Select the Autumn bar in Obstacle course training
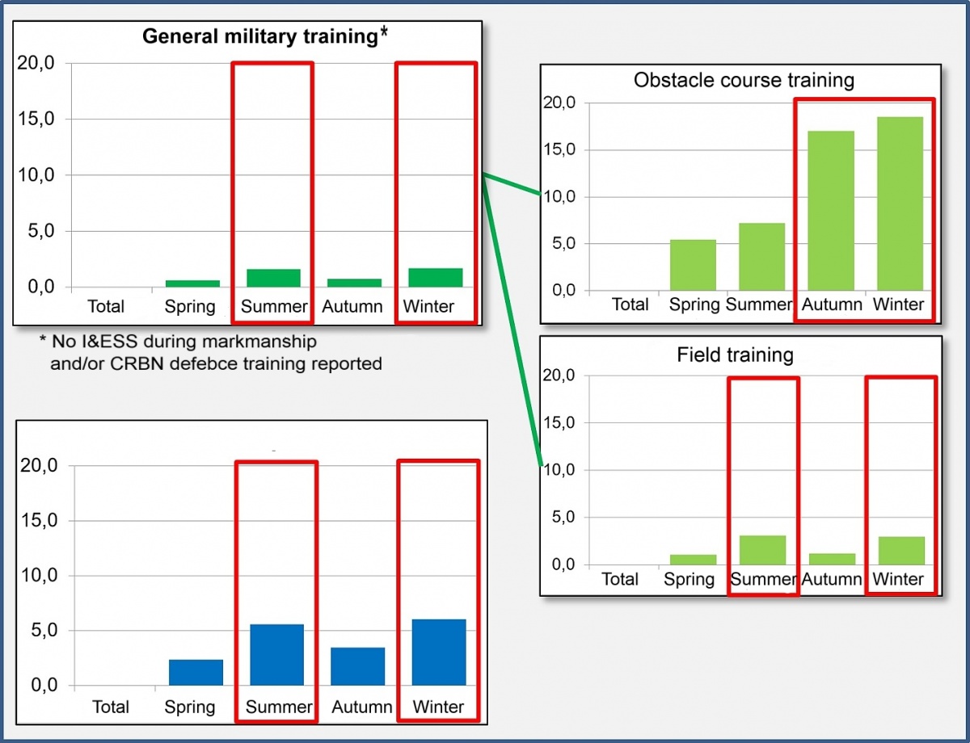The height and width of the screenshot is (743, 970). click(831, 210)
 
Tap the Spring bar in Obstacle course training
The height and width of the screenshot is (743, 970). click(694, 265)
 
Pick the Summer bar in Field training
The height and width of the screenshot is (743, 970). click(762, 550)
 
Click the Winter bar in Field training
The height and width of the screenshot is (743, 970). click(901, 550)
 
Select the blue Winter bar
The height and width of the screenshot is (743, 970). click(438, 653)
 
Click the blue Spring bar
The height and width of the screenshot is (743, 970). click(196, 673)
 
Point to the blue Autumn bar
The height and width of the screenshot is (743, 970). click(357, 666)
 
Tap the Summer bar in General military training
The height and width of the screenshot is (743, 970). click(273, 278)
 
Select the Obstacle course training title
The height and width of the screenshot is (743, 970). click(744, 80)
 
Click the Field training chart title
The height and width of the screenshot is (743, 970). click(735, 355)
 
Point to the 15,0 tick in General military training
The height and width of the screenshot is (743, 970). click(35, 120)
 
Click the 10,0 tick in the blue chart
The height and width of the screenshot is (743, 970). click(38, 576)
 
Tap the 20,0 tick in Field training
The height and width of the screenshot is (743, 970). click(559, 376)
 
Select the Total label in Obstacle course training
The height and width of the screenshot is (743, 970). click(630, 304)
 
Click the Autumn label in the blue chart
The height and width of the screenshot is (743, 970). click(361, 707)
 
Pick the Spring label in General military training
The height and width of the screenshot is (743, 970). click(190, 307)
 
